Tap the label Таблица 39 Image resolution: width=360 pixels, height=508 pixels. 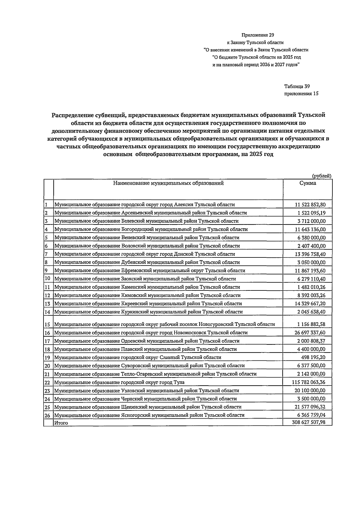pyautogui.click(x=297, y=86)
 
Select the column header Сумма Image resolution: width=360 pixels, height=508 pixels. pyautogui.click(x=307, y=183)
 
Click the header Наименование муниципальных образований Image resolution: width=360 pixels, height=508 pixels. pyautogui.click(x=168, y=183)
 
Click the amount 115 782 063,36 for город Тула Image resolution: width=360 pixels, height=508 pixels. pyautogui.click(x=308, y=382)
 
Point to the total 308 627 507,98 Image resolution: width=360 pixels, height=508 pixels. pyautogui.click(x=308, y=422)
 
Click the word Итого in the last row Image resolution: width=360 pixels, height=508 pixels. pyautogui.click(x=61, y=423)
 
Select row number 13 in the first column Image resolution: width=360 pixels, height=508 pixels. pyautogui.click(x=47, y=304)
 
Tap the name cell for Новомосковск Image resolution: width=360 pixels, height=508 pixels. pyautogui.click(x=151, y=333)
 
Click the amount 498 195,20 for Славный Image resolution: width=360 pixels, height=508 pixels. pyautogui.click(x=313, y=357)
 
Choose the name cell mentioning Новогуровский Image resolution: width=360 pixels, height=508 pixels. pyautogui.click(x=164, y=324)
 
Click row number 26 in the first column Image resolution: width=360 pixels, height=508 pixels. pyautogui.click(x=47, y=416)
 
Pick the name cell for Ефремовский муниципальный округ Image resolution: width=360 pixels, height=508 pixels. pyautogui.click(x=150, y=271)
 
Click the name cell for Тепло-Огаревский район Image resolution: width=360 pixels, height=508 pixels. pyautogui.click(x=155, y=374)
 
